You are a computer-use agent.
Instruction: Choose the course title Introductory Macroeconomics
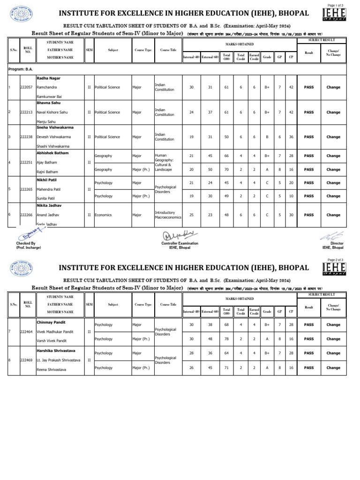pos(168,215)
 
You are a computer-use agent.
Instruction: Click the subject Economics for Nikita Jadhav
pos(104,215)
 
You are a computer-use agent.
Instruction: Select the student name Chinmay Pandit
pos(51,322)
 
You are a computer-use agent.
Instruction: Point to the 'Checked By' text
pos(26,244)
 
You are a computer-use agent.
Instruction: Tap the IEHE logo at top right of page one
pos(335,14)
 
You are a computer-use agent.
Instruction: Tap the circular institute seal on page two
pos(21,268)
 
